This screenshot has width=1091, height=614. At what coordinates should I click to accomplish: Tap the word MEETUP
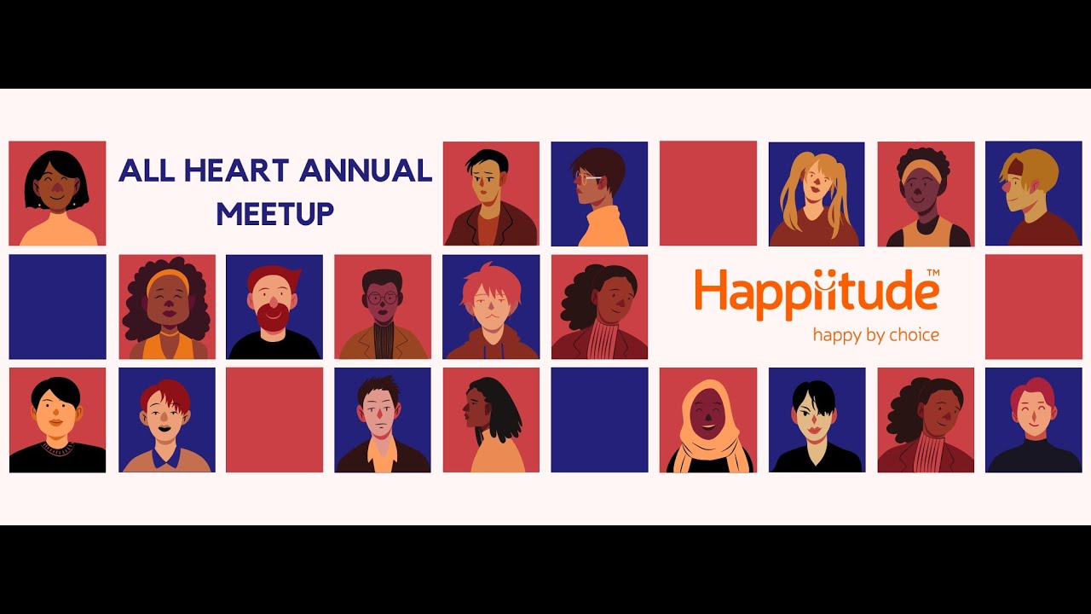point(274,213)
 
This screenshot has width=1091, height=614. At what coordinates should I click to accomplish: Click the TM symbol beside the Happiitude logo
point(932,273)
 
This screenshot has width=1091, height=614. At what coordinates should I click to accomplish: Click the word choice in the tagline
point(914,334)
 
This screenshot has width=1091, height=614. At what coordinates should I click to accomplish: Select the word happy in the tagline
point(837,334)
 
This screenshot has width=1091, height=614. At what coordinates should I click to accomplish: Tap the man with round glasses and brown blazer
point(382,309)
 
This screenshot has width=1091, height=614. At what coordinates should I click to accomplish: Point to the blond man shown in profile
point(1032,194)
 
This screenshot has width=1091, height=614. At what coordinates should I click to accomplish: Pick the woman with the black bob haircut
point(57,194)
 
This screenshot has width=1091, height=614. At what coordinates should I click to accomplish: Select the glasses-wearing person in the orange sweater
point(599,194)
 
